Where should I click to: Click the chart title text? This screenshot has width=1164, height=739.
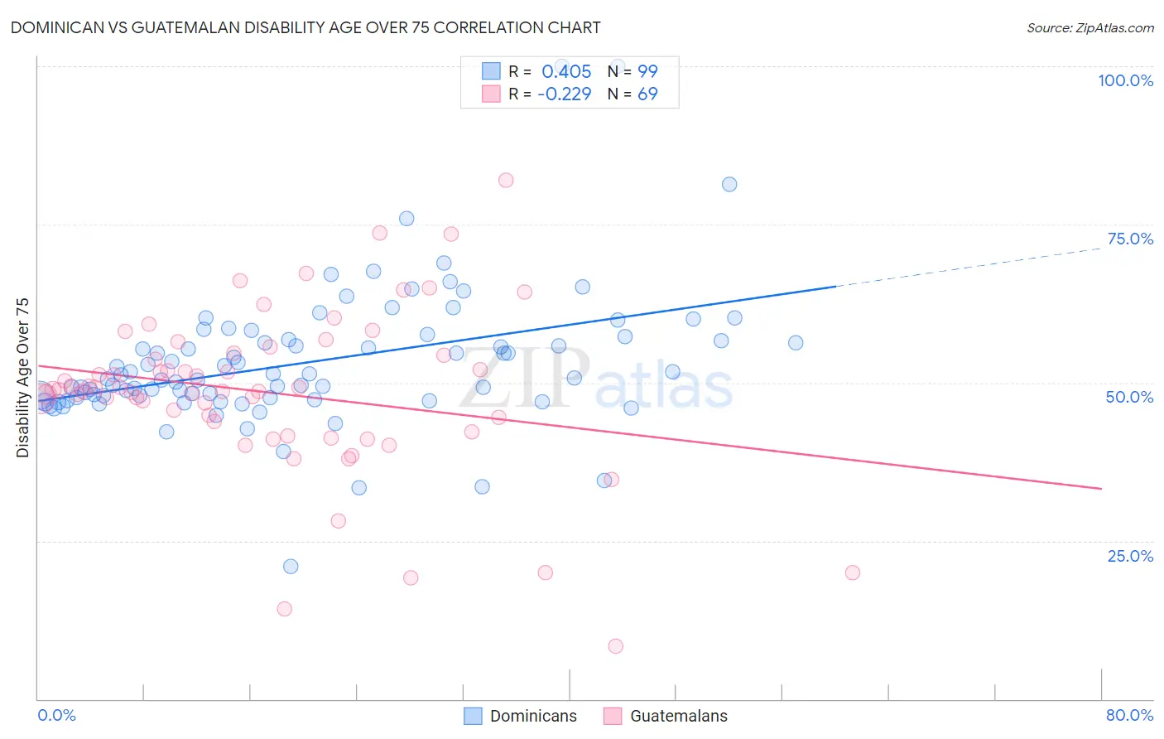[x=305, y=27]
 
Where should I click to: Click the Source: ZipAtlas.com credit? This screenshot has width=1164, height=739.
[x=1089, y=27]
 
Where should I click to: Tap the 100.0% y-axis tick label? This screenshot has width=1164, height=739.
[x=1125, y=80]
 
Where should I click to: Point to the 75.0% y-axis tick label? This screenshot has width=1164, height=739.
[x=1130, y=239]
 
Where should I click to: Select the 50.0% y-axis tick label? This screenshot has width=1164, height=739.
[x=1129, y=397]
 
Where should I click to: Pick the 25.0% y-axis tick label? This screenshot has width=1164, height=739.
[x=1130, y=556]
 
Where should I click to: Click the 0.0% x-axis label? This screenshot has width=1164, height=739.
[x=56, y=715]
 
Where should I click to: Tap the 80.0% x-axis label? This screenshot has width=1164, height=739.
[x=1129, y=715]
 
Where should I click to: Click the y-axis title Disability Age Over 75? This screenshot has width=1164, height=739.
[x=23, y=378]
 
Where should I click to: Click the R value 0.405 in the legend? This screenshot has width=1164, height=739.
[x=566, y=72]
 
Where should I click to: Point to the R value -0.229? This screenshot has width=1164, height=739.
[x=564, y=94]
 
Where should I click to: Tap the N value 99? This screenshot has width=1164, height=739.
[x=647, y=72]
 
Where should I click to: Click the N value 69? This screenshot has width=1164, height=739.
[x=647, y=94]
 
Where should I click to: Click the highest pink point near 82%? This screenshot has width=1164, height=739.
[x=506, y=181]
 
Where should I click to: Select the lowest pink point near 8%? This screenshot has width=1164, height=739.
[x=615, y=646]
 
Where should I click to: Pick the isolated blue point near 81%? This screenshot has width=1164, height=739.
[x=729, y=185]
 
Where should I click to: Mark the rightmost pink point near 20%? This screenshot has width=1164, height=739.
[x=852, y=572]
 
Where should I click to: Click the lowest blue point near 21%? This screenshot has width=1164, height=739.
[x=291, y=567]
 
